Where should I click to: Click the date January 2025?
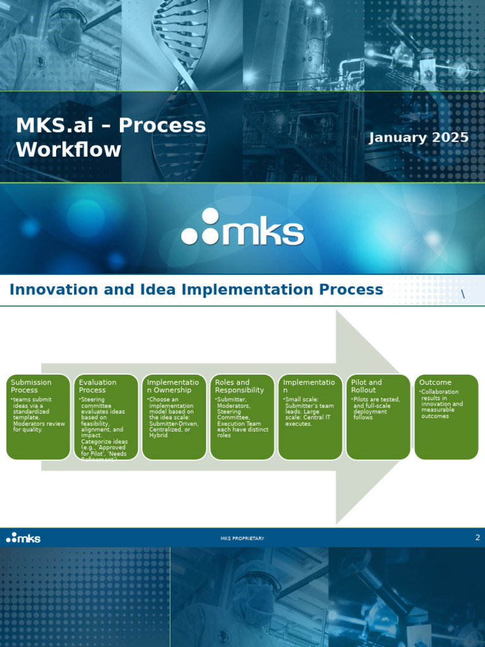(x=419, y=138)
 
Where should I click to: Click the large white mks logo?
(x=242, y=229)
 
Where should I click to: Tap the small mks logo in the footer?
(x=23, y=538)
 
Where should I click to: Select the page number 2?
(x=477, y=538)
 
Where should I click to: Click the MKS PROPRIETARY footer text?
(x=242, y=538)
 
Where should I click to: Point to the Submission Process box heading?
(x=31, y=386)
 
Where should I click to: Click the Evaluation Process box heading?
(x=97, y=386)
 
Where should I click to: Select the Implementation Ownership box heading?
(x=172, y=386)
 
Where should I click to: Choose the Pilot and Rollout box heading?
(x=366, y=386)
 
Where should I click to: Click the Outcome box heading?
(x=435, y=382)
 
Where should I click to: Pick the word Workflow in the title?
(x=68, y=150)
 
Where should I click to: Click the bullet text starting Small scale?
(x=309, y=411)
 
